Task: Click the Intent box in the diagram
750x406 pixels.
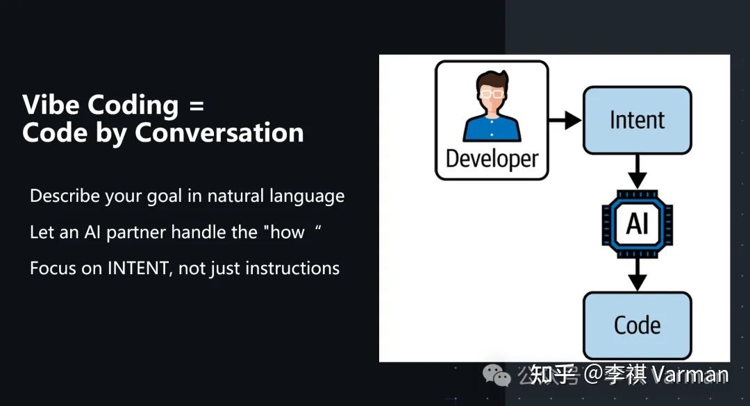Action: [x=637, y=120]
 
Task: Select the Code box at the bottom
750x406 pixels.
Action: [x=637, y=325]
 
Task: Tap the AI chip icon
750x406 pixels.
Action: [x=637, y=223]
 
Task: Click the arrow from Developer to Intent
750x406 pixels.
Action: [x=565, y=120]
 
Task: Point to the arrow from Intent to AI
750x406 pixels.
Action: [x=637, y=171]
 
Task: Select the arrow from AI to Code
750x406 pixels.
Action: [x=637, y=275]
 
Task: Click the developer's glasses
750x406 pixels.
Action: [x=492, y=93]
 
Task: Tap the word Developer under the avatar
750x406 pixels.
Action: [x=492, y=159]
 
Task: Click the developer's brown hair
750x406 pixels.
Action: [x=492, y=79]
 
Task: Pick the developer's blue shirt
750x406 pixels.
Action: [x=492, y=128]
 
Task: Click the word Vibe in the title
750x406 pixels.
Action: [x=50, y=104]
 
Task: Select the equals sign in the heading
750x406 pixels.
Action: [x=197, y=105]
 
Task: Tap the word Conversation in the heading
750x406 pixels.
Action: [x=219, y=133]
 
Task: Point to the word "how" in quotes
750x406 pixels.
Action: [x=287, y=232]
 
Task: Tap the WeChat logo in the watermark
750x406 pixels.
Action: [x=497, y=375]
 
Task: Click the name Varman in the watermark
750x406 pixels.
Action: [x=690, y=375]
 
